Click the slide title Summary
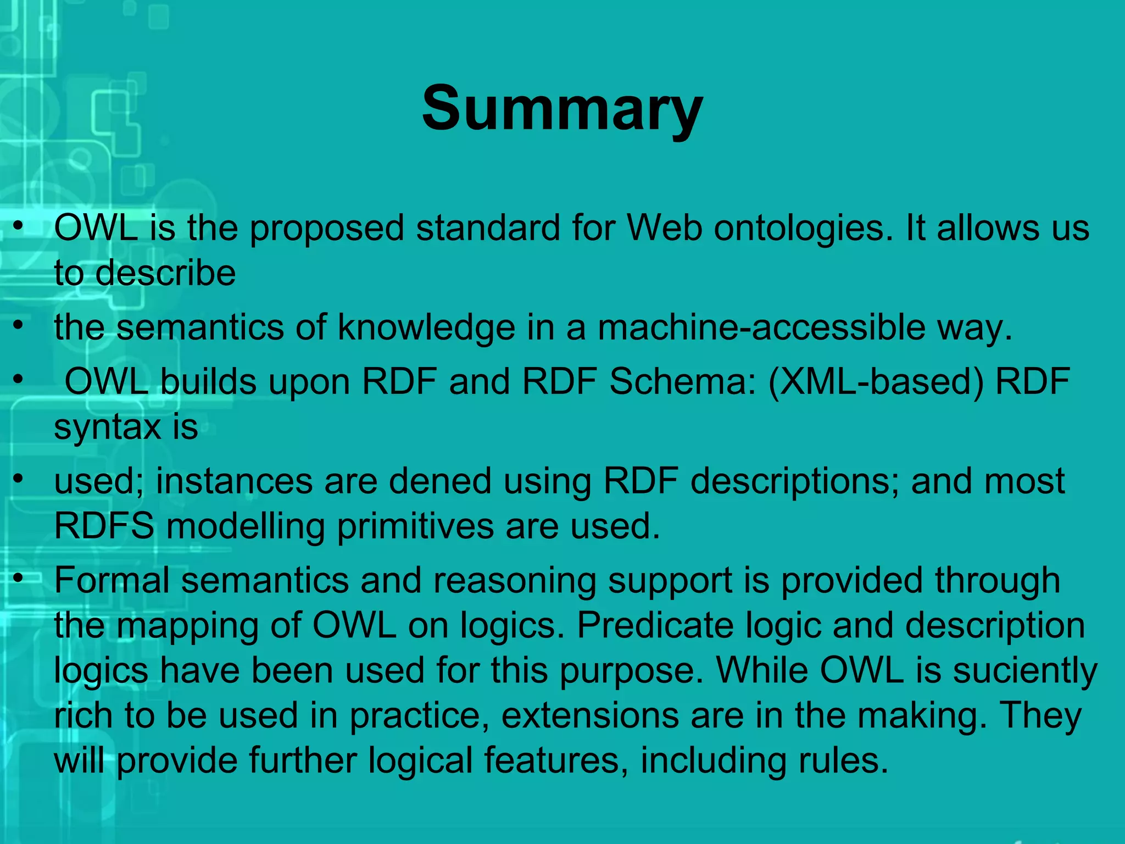coord(562,108)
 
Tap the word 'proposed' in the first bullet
coord(327,228)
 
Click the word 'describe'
coord(165,273)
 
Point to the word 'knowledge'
coord(426,327)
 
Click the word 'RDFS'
coord(104,526)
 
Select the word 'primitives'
coord(415,526)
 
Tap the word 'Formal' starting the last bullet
coord(112,581)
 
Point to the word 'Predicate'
coord(655,626)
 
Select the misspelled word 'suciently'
coord(1024,671)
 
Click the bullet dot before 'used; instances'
coord(19,479)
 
